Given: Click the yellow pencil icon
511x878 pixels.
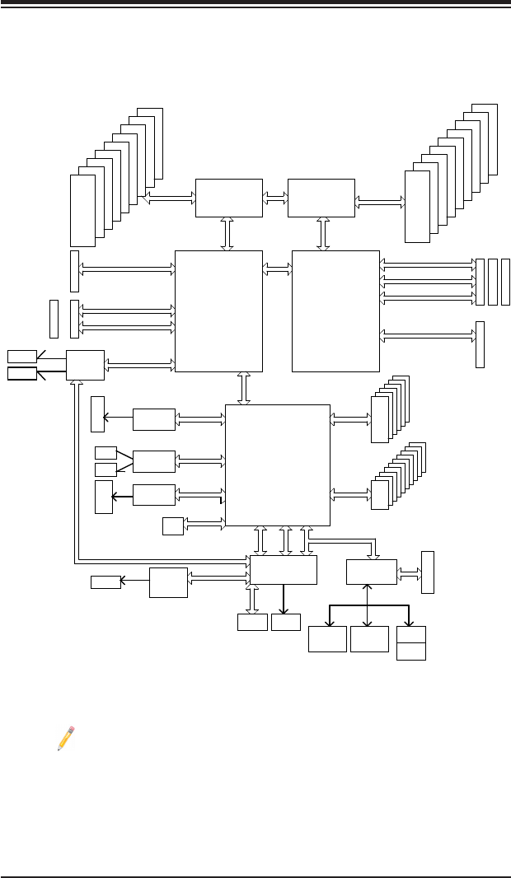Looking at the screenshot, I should click(66, 738).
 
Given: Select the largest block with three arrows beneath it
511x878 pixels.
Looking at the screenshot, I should click(277, 465).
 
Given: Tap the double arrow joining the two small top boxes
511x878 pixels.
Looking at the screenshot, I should click(275, 198).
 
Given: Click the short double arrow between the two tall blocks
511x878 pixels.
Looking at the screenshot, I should click(277, 267).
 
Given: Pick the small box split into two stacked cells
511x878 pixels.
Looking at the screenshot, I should click(411, 642).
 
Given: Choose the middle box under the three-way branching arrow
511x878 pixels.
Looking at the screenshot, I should click(368, 639).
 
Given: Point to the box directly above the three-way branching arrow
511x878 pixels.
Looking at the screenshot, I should click(371, 571).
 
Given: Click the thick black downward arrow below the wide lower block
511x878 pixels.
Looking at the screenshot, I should click(284, 599).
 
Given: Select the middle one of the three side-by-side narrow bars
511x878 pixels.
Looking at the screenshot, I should click(493, 282).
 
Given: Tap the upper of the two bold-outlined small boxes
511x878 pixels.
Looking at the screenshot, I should click(22, 356).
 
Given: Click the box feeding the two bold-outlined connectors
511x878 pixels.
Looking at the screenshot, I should click(85, 365).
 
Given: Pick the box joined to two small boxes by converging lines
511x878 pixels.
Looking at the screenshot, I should click(154, 461).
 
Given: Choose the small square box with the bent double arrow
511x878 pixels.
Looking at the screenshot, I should click(173, 525).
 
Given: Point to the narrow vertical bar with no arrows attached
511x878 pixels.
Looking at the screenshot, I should click(54, 319).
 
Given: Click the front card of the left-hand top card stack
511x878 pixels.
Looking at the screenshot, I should click(82, 209).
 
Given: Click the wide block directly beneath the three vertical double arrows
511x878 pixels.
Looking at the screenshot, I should click(284, 569).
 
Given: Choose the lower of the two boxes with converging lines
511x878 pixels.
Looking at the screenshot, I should click(105, 469).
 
